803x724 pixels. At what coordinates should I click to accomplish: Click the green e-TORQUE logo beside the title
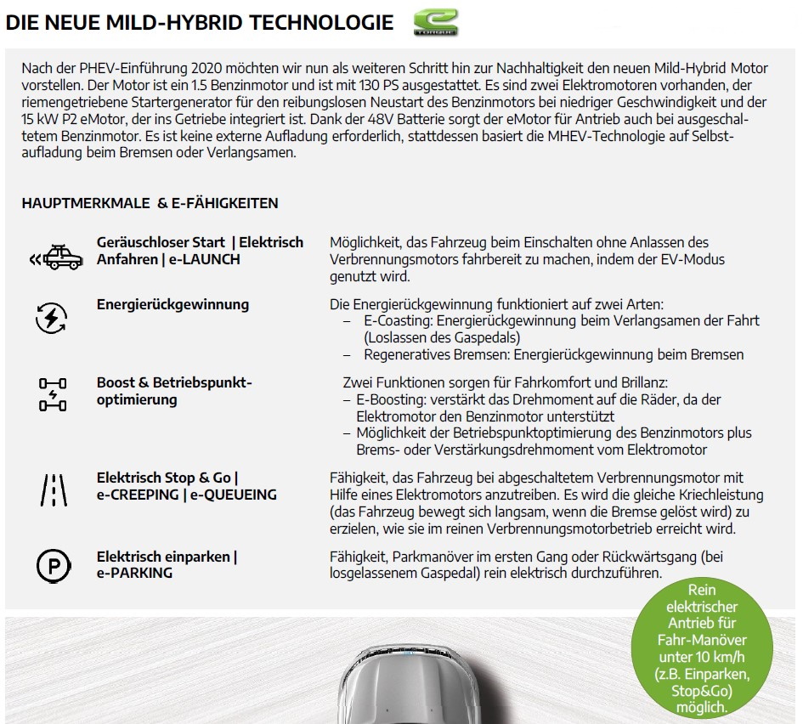[436, 23]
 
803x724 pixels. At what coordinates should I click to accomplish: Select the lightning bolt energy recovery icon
[51, 318]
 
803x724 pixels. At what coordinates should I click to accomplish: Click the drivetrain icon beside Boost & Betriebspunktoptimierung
[52, 394]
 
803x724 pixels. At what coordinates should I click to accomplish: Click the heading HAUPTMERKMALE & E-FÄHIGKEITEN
[150, 203]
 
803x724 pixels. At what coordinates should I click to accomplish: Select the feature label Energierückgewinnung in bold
[172, 304]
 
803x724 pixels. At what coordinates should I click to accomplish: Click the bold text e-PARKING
[134, 573]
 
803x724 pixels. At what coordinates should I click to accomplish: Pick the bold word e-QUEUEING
[234, 495]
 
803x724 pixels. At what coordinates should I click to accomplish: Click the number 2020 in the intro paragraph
[210, 68]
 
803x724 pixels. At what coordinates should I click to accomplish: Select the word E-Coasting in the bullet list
[398, 321]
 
